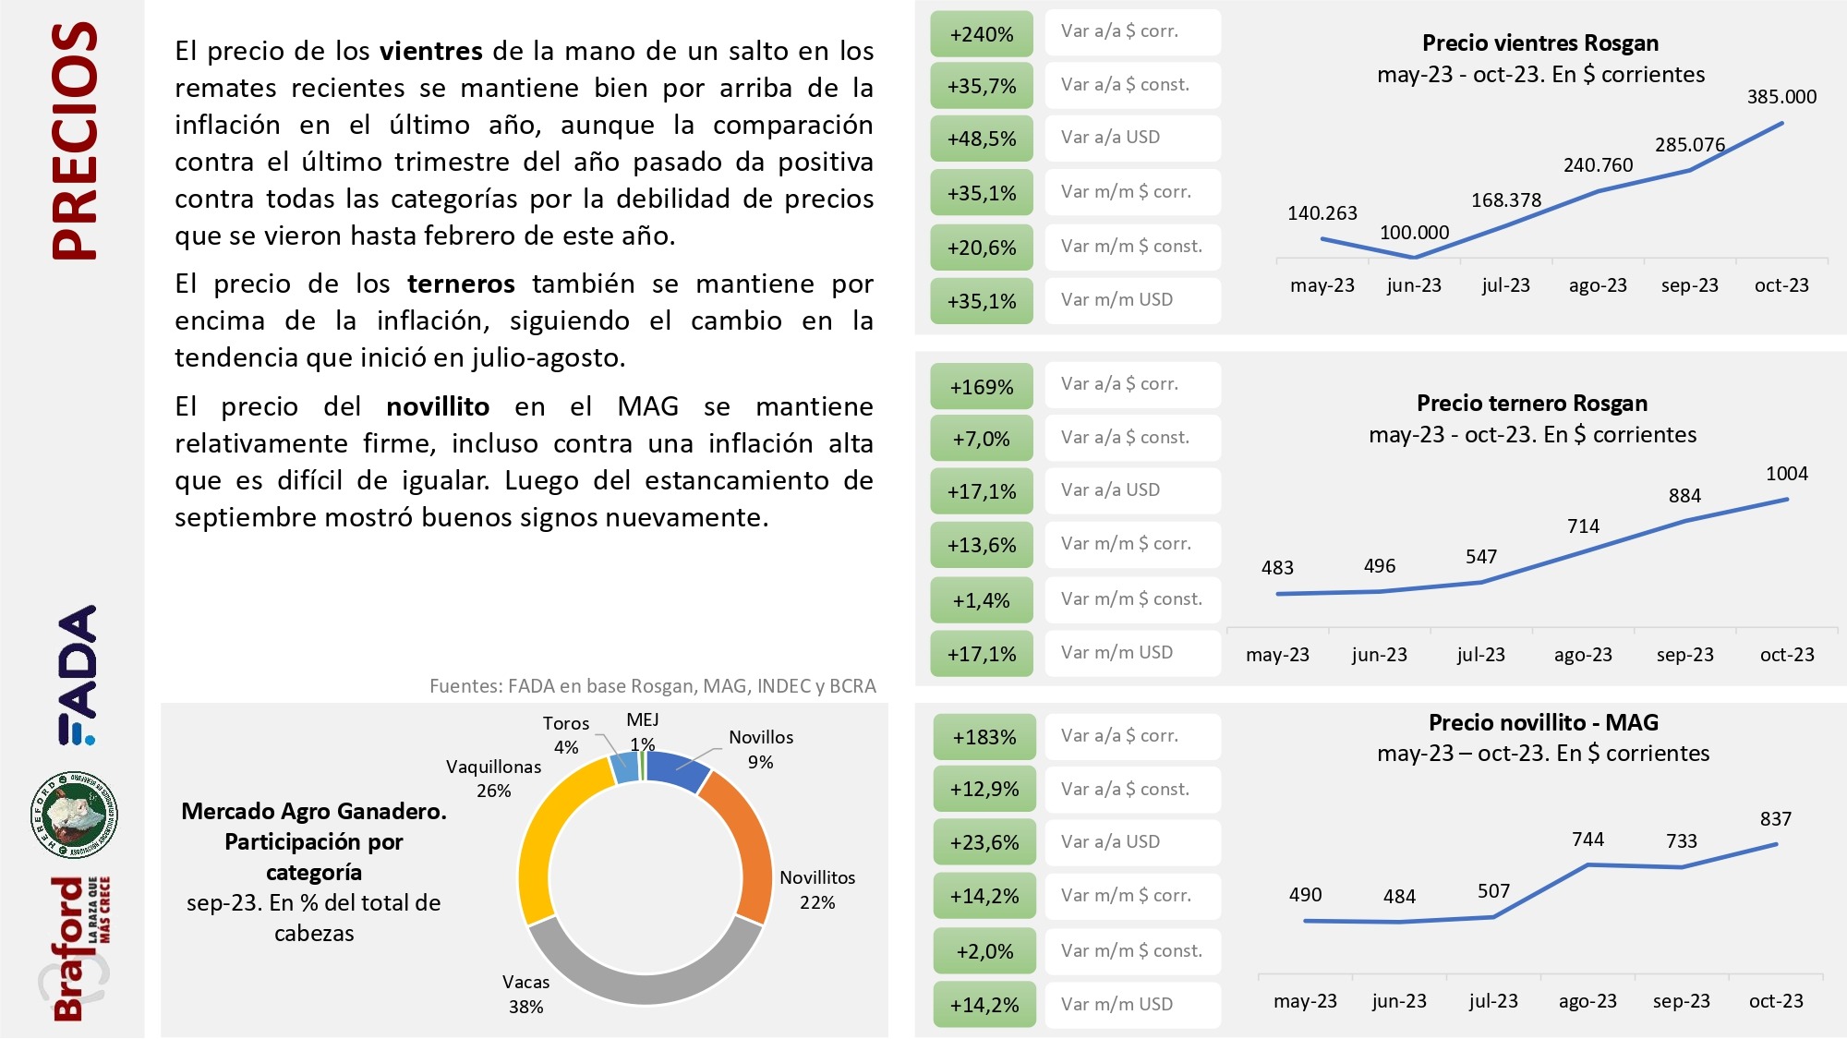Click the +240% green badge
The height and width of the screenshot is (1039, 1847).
tap(981, 34)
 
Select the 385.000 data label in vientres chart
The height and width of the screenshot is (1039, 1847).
tap(1781, 97)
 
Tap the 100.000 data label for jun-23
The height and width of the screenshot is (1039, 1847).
tap(1414, 233)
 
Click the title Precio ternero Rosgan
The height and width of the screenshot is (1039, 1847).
tap(1532, 404)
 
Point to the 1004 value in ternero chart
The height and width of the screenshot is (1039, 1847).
tap(1786, 474)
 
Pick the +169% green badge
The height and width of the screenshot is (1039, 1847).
tap(981, 387)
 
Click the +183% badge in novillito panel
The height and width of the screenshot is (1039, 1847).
tap(984, 737)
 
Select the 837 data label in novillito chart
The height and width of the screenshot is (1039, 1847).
tap(1775, 819)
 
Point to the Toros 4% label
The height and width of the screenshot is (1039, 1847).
tap(565, 735)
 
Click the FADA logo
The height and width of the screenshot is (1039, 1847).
tap(78, 674)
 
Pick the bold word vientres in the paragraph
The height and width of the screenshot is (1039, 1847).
tap(430, 51)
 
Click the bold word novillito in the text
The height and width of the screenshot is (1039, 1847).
tap(438, 406)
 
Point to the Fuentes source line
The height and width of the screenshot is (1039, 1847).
tap(652, 686)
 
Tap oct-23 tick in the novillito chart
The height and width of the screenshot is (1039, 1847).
tap(1775, 1001)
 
